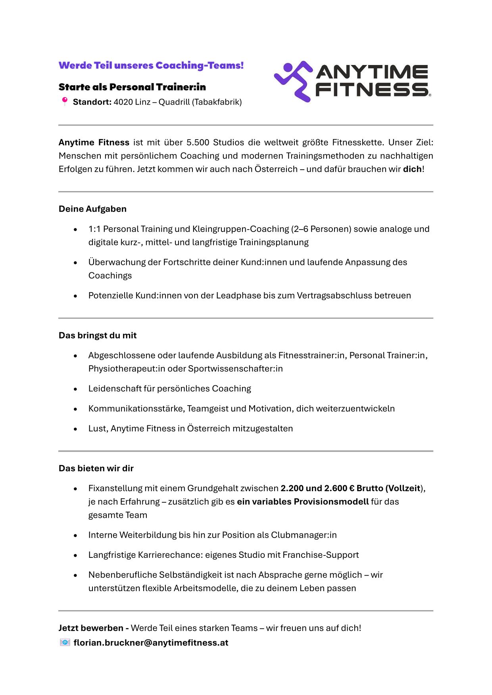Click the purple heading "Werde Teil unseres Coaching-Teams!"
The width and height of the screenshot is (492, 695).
(x=151, y=65)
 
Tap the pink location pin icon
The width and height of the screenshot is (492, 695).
(x=65, y=101)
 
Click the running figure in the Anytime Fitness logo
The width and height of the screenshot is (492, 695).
(x=293, y=81)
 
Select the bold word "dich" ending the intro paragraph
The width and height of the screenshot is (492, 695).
(x=412, y=169)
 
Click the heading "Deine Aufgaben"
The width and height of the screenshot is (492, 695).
(x=92, y=209)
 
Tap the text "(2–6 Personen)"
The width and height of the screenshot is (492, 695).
(x=321, y=229)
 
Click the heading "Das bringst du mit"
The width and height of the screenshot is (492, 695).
(x=98, y=335)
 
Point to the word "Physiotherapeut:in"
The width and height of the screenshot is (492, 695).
(x=127, y=369)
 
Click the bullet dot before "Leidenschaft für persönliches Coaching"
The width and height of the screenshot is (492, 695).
(x=75, y=389)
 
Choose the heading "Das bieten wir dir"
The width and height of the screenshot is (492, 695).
(x=96, y=469)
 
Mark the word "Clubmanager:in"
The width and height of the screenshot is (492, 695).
(x=304, y=535)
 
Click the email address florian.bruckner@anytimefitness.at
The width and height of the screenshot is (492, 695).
(x=151, y=643)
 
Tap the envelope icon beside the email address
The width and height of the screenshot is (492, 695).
(x=65, y=642)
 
